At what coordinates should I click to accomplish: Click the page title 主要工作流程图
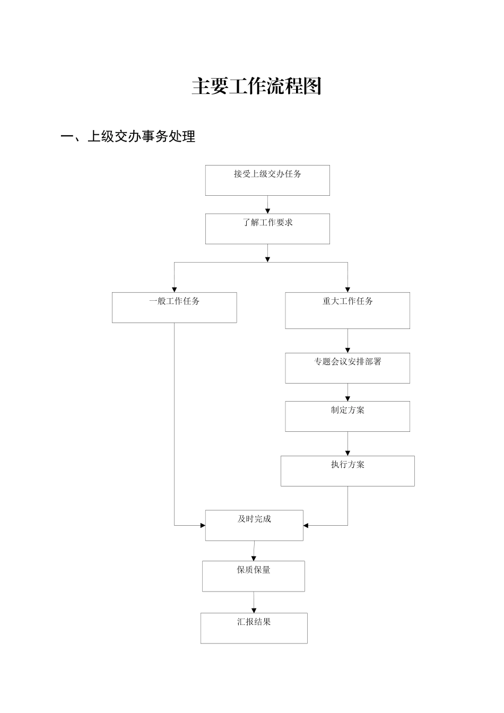(x=257, y=86)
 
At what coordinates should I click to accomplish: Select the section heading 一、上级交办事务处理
(x=128, y=137)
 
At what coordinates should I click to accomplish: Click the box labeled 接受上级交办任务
(x=267, y=180)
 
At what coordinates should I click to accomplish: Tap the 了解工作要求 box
(x=267, y=229)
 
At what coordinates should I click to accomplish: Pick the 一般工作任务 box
(x=174, y=308)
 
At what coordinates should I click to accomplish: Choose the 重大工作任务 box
(x=347, y=310)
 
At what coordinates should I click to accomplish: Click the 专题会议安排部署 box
(x=347, y=368)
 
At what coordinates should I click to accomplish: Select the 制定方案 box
(x=347, y=416)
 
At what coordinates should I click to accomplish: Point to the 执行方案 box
(x=347, y=471)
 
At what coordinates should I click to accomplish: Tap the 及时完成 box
(x=254, y=526)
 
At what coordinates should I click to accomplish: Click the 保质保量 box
(x=254, y=576)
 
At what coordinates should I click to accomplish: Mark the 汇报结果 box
(x=254, y=628)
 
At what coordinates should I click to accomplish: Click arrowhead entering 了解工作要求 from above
(x=267, y=211)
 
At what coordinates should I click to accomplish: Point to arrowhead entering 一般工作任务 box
(x=174, y=290)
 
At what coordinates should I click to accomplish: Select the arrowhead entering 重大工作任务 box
(x=347, y=290)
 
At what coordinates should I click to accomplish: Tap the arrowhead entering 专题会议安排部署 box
(x=347, y=350)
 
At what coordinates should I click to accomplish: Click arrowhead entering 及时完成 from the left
(x=203, y=526)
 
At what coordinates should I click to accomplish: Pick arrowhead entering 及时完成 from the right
(x=306, y=526)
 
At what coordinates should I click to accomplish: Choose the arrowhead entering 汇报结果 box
(x=254, y=610)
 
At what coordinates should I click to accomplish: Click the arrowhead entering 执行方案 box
(x=347, y=453)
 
